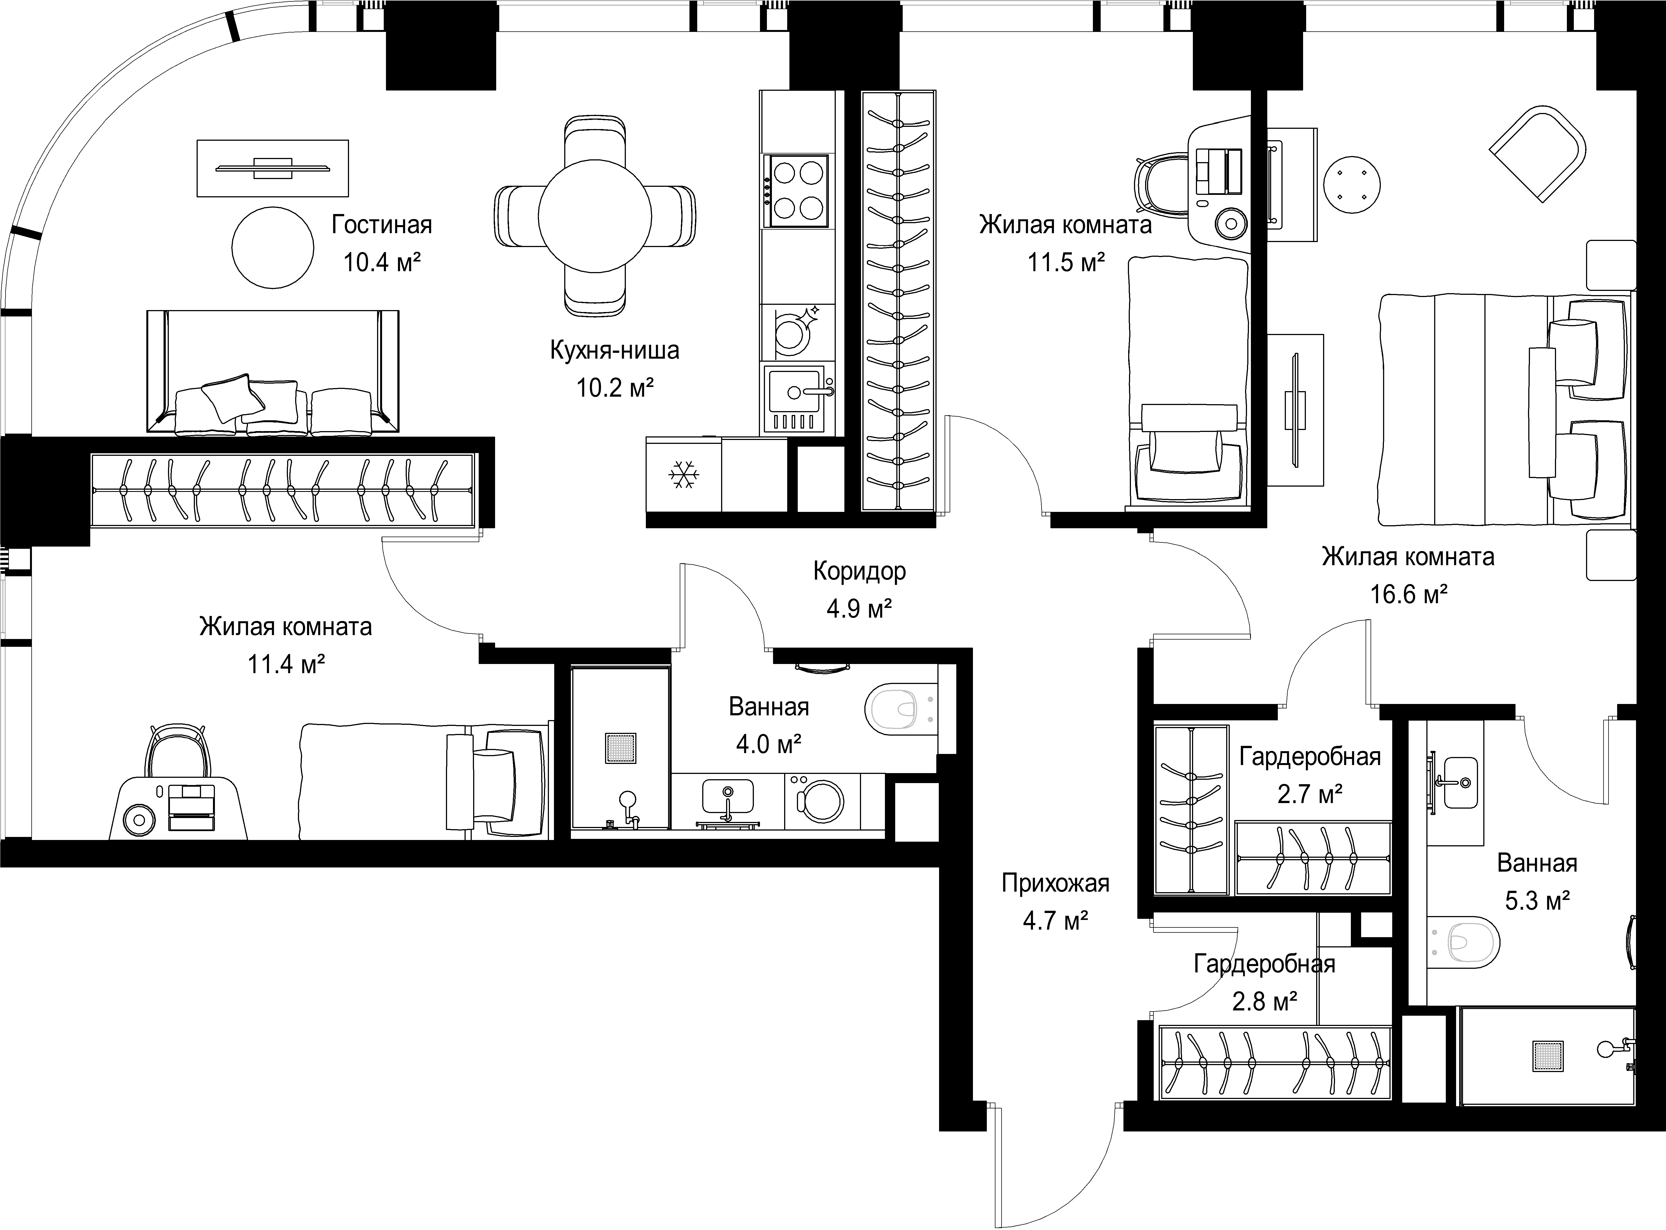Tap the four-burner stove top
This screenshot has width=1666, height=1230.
click(x=798, y=191)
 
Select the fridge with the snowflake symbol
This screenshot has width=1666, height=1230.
click(x=683, y=474)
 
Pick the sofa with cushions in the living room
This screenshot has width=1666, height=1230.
click(x=273, y=372)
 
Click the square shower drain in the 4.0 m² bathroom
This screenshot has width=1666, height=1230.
click(x=620, y=748)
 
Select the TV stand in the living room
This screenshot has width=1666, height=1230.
click(x=273, y=168)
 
